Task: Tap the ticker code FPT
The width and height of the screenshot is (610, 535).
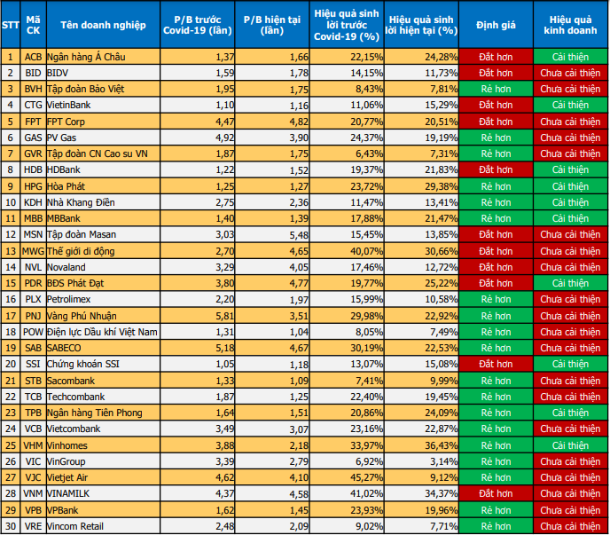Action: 34,121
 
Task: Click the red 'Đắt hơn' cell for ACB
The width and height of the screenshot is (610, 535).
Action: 496,57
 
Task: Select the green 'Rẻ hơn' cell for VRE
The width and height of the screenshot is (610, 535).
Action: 496,525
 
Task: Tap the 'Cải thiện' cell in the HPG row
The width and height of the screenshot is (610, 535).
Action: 571,185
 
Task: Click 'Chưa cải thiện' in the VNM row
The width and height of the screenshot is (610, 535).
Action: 571,492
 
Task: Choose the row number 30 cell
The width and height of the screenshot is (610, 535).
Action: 11,525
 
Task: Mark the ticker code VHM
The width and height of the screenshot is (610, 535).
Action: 34,444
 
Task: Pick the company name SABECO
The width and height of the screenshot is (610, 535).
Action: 67,347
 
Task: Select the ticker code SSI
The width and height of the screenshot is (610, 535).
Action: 34,363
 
